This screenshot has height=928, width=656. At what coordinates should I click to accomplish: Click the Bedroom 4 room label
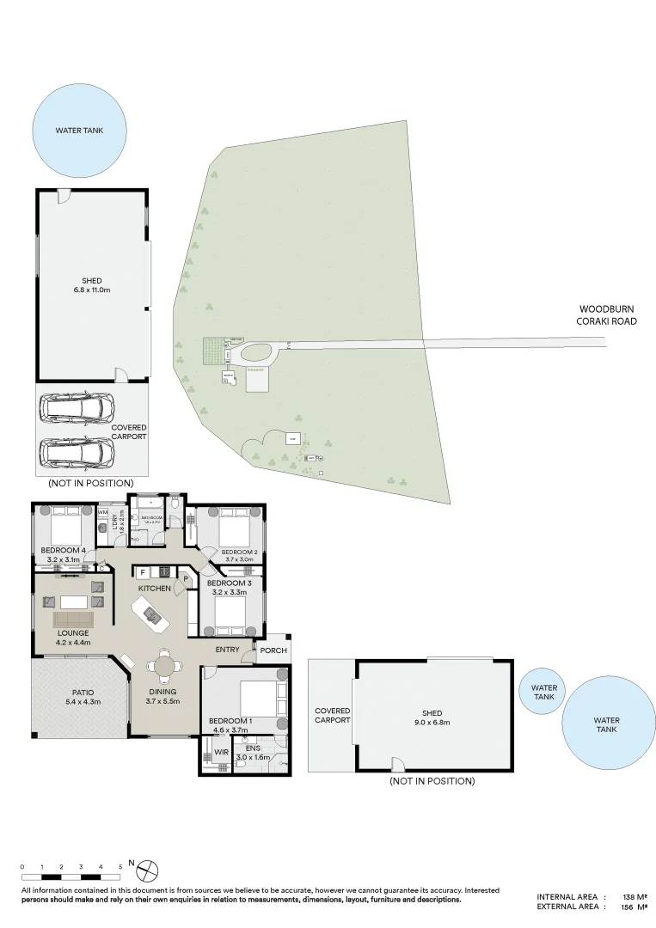tap(62, 551)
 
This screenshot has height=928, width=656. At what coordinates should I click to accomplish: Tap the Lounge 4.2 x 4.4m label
tap(72, 637)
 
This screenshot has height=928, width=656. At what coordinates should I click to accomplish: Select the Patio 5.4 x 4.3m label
tap(83, 696)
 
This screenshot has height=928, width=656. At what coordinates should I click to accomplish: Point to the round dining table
tap(162, 668)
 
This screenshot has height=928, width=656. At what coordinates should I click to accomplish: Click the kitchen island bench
tap(151, 614)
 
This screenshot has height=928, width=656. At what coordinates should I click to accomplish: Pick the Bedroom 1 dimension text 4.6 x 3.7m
tap(230, 730)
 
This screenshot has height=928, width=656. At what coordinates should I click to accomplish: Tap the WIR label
tap(220, 752)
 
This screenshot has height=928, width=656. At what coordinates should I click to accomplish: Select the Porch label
tap(273, 650)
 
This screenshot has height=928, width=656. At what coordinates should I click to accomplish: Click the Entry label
tap(228, 650)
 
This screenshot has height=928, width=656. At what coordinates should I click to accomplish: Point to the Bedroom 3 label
tap(229, 583)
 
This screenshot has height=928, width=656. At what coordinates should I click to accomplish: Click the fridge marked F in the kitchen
tap(143, 571)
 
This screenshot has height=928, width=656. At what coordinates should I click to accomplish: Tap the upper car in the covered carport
tap(77, 406)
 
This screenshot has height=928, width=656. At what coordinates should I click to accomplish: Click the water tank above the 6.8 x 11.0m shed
tap(79, 130)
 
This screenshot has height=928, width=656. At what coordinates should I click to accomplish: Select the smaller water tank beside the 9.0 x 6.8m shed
tap(543, 693)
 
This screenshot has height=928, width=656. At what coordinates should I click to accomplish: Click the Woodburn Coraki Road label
tap(607, 314)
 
